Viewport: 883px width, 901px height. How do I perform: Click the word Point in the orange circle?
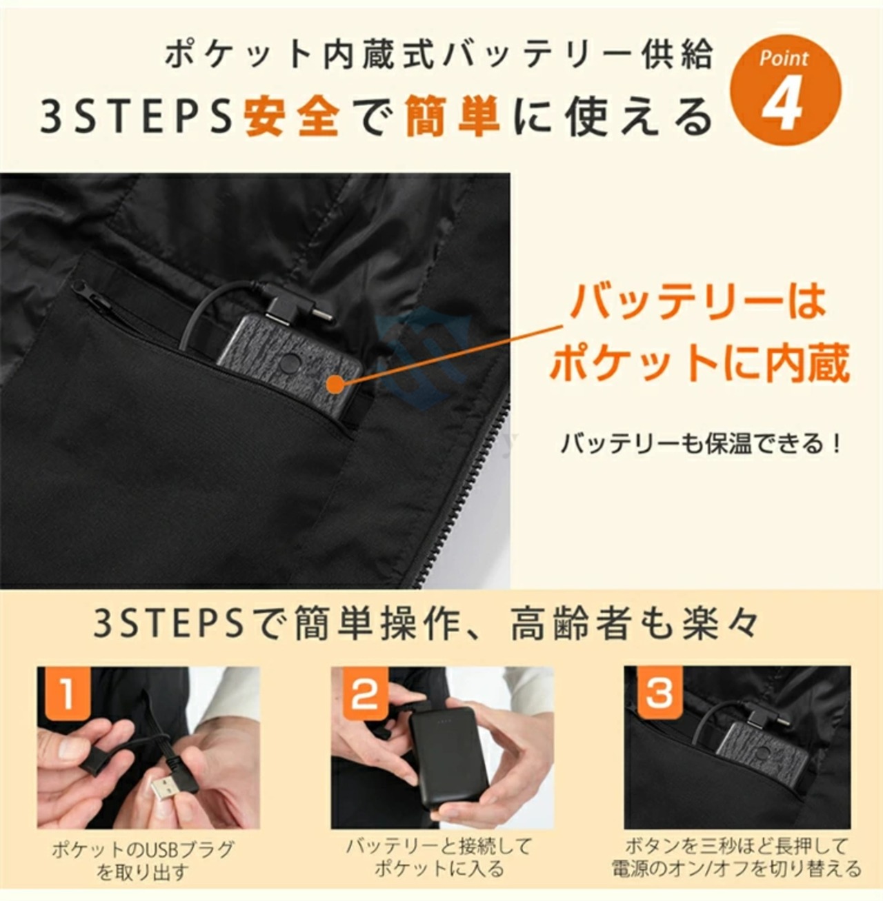pos(784,59)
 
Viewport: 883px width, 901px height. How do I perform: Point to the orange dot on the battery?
pos(334,384)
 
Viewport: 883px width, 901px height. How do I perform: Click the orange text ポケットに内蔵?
pos(699,363)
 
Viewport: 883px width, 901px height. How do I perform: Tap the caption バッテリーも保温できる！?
pos(699,443)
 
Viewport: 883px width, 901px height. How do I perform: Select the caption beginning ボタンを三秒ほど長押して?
pos(737,858)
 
